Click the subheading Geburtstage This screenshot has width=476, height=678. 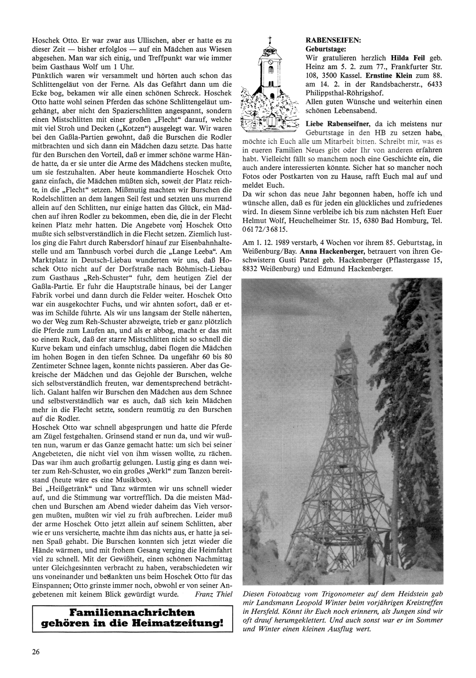(x=326, y=49)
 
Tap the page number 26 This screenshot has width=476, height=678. (x=36, y=652)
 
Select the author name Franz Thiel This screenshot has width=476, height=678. (x=214, y=595)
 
